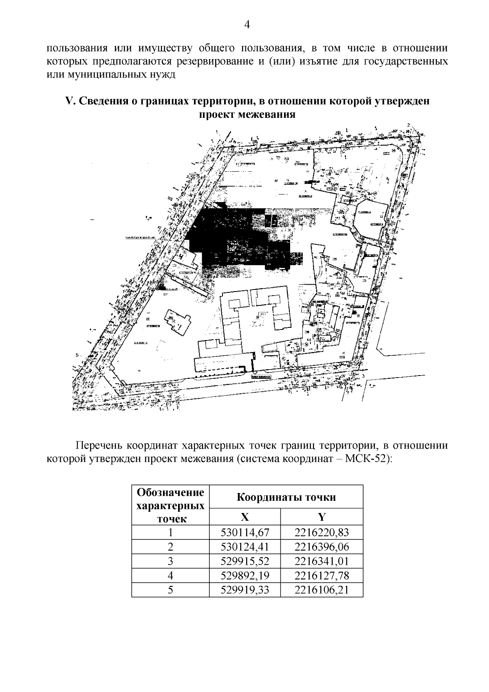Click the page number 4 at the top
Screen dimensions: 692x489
pyautogui.click(x=247, y=25)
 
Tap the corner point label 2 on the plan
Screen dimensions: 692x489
pyautogui.click(x=408, y=125)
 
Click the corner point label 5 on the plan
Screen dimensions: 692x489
pyautogui.click(x=77, y=356)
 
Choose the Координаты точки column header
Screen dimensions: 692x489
pyautogui.click(x=286, y=497)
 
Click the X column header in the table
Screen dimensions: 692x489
pyautogui.click(x=244, y=517)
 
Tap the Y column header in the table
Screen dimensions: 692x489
pyautogui.click(x=322, y=517)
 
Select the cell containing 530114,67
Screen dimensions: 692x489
pyautogui.click(x=245, y=532)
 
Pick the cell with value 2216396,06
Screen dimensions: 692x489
pyautogui.click(x=322, y=546)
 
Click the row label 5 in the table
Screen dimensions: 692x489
pyautogui.click(x=170, y=589)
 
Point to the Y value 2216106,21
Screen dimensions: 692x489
pyautogui.click(x=322, y=589)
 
